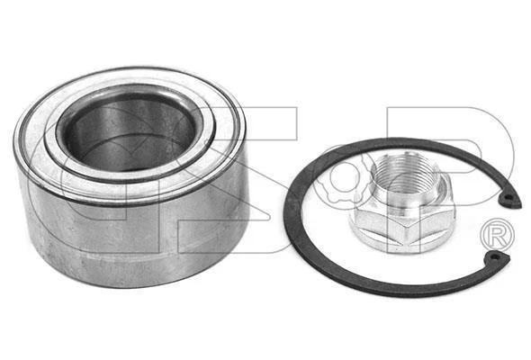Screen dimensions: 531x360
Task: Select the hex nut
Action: coord(402,202)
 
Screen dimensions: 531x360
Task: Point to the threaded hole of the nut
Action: coord(404,173)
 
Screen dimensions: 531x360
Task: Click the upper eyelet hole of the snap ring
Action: coord(506,197)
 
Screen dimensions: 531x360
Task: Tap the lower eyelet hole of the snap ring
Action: coord(495,257)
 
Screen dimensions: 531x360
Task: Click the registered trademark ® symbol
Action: coord(497,235)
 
